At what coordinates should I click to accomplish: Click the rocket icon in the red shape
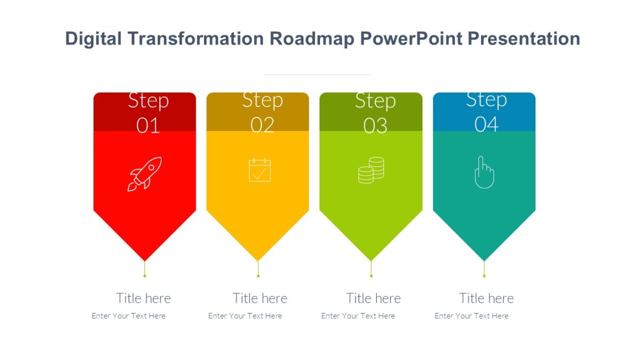pos(145,174)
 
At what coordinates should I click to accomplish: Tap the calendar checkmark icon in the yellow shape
pos(260,170)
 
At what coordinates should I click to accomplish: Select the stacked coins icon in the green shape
pos(371,170)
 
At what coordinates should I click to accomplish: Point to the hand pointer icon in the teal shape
pos(484,172)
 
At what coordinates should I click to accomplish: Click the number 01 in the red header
pos(148,126)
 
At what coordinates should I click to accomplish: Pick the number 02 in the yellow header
pos(262,125)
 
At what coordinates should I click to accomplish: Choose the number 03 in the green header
pos(375,126)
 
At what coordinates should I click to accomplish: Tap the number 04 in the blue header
pos(486,124)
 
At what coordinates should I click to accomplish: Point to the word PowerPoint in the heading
pos(411,39)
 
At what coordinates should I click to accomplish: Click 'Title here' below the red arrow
pos(143,298)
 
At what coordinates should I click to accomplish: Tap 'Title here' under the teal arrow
pos(486,298)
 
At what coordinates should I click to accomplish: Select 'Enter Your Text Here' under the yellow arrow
pos(245,316)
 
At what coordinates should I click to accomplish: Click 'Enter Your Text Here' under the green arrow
pos(358,316)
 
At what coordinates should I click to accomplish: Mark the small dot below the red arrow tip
pos(145,276)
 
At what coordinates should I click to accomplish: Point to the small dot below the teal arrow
pos(484,276)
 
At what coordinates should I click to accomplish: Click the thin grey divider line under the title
pos(317,75)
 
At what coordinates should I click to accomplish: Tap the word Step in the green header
pos(375,101)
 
